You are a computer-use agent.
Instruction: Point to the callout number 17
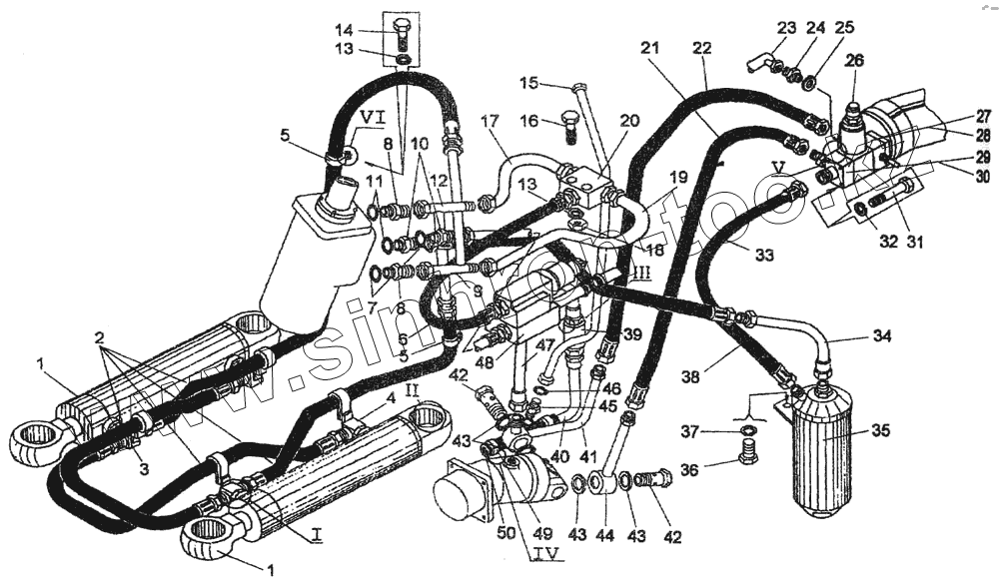point(489,122)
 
